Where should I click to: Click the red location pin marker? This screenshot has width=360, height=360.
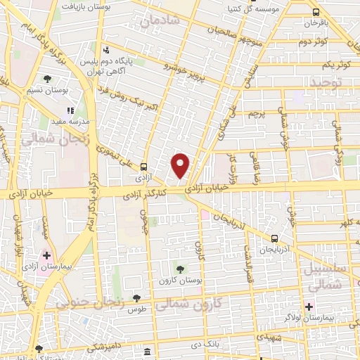pos(181,165)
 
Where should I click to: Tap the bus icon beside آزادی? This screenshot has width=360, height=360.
pos(143,167)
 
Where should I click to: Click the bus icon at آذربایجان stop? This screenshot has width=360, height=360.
pos(274,238)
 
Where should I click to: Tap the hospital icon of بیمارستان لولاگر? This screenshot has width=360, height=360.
pos(309,306)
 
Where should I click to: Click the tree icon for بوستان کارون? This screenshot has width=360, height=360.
pos(180,269)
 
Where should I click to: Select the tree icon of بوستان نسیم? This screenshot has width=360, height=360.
pos(47,79)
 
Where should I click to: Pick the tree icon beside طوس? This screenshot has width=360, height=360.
pos(146,298)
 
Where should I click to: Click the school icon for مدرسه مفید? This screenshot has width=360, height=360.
pos(70,110)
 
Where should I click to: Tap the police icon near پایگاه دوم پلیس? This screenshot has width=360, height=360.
pos(106,49)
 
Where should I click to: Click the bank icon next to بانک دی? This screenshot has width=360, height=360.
pos(146,351)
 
